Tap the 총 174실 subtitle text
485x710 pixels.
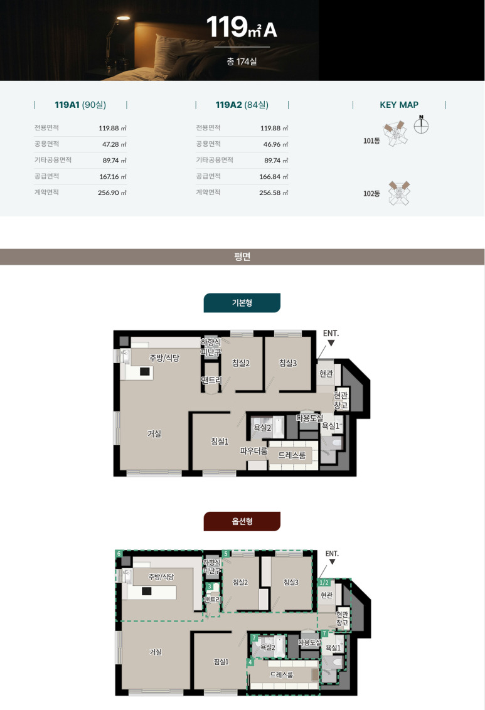coord(242,61)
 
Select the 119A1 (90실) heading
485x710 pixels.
coord(80,105)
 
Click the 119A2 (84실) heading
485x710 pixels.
coord(242,105)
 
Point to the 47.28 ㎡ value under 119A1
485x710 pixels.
coord(114,144)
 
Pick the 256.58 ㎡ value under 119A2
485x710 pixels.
coord(274,193)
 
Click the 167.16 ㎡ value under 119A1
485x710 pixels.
coord(113,177)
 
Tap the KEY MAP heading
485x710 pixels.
coord(399,105)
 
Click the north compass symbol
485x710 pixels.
coord(421,125)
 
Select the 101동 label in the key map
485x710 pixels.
coord(371,141)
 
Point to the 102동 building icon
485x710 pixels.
coord(400,193)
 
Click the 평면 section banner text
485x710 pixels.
coord(242,257)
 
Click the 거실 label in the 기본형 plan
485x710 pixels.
coord(154,434)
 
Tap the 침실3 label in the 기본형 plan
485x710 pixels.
coord(287,363)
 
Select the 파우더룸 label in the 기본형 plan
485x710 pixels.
coord(253,451)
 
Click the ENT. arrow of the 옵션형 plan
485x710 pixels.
coord(333,562)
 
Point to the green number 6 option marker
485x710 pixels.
coord(119,553)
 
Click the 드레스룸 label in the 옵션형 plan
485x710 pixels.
coord(282,675)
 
